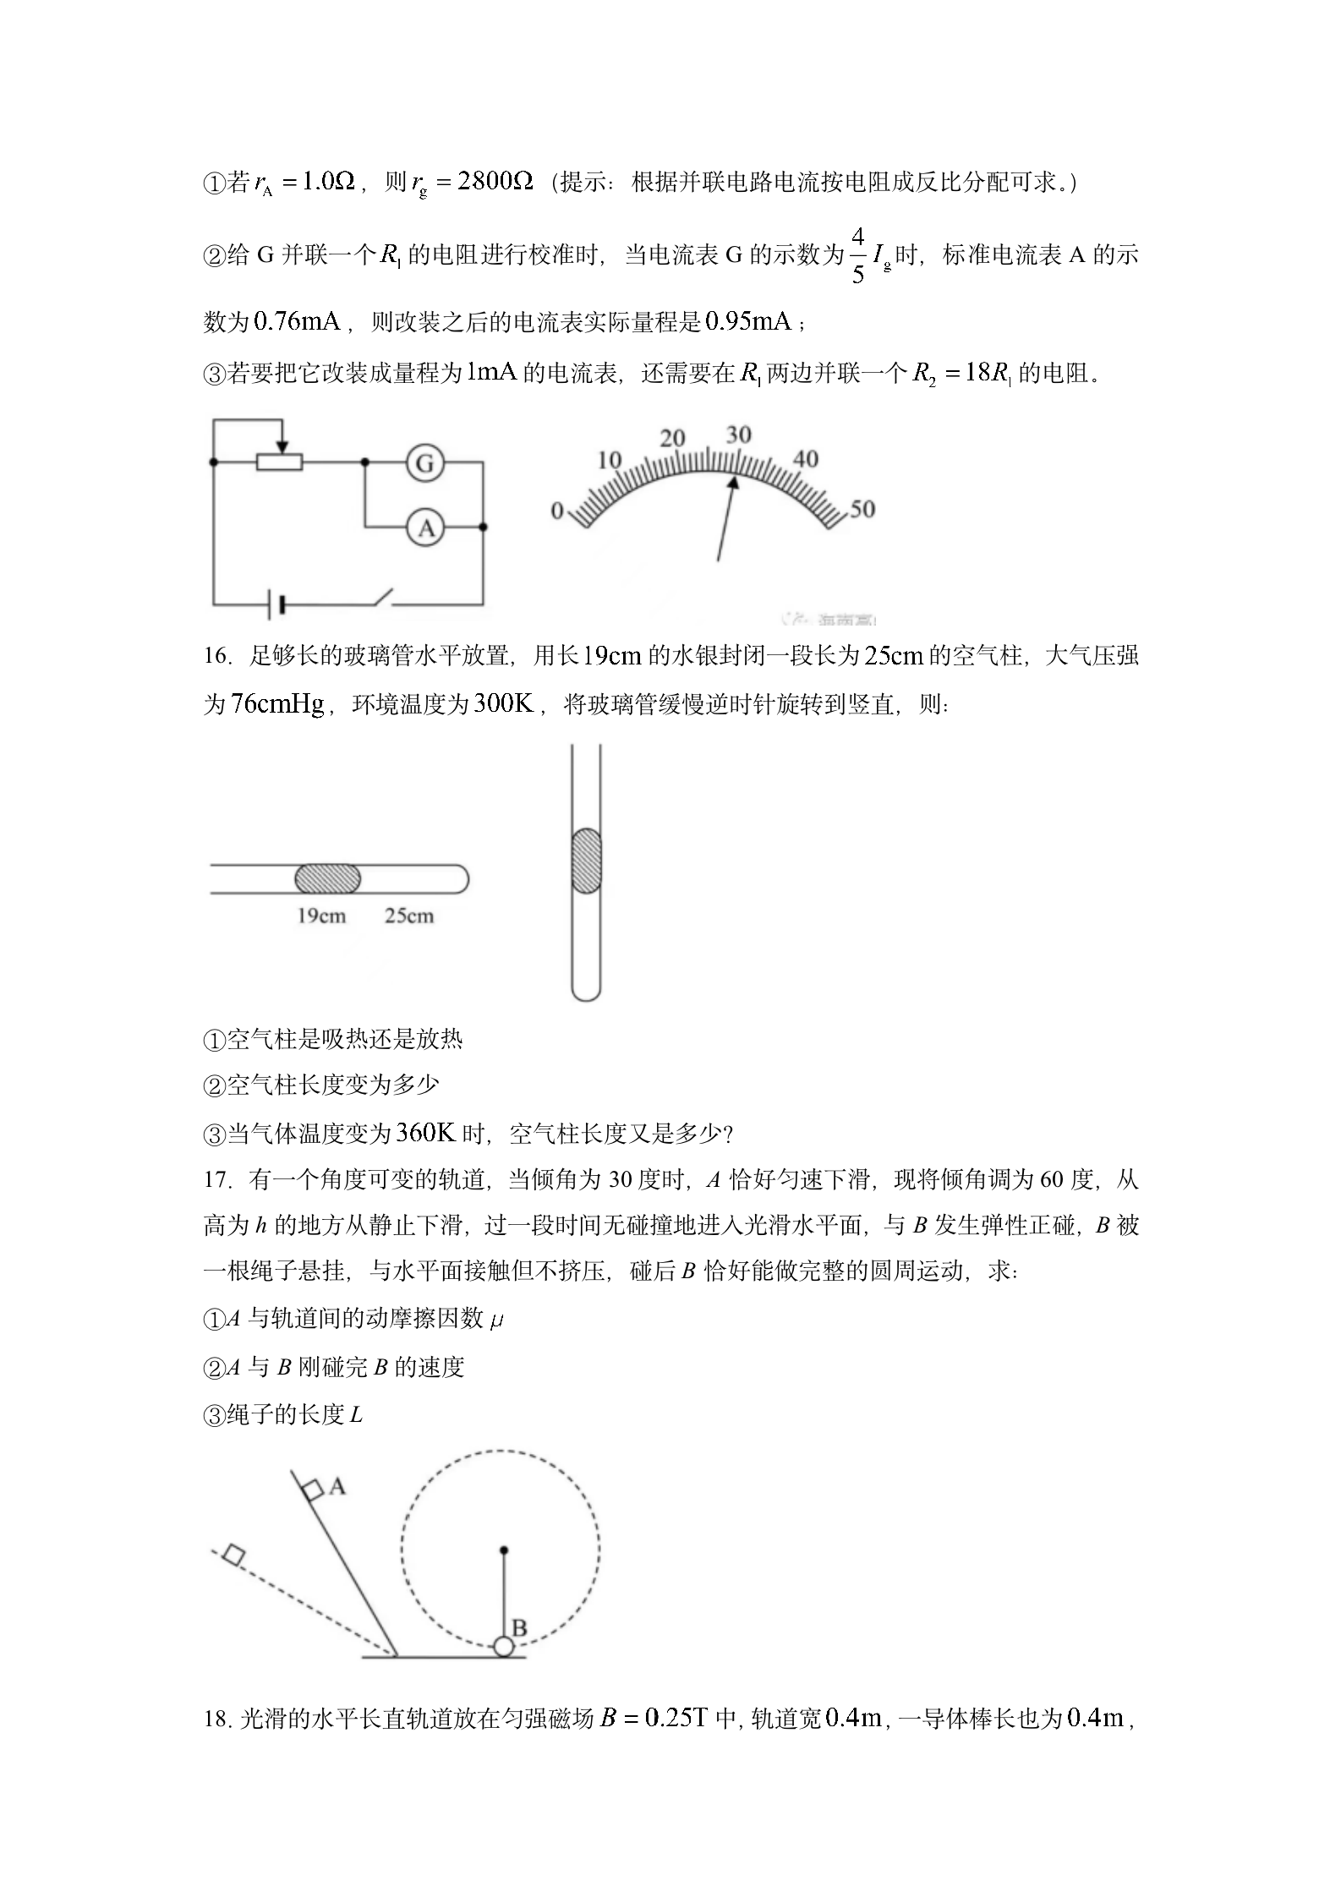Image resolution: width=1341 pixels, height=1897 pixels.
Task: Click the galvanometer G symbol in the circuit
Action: (425, 462)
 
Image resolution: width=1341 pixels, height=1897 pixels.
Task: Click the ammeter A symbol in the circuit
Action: (425, 528)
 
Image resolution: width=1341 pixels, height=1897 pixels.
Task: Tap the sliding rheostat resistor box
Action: (280, 462)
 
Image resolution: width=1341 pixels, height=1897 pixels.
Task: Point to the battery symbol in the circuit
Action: (276, 604)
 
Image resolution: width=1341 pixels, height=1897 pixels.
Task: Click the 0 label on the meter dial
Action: (556, 511)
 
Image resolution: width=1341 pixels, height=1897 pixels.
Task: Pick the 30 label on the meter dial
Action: (738, 435)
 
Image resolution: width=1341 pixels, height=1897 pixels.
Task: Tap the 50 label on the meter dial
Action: (862, 508)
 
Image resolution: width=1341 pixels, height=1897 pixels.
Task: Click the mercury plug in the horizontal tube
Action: (327, 879)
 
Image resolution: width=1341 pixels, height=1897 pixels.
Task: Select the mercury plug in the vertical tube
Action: (586, 861)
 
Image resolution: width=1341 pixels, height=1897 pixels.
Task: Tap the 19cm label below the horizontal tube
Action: (321, 916)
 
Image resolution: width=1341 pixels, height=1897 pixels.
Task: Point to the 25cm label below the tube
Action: (409, 916)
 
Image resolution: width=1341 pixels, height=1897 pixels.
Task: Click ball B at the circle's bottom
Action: (503, 1647)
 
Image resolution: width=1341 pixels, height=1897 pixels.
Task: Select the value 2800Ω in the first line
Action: (495, 181)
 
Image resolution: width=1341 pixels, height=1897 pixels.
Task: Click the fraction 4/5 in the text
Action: (857, 254)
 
